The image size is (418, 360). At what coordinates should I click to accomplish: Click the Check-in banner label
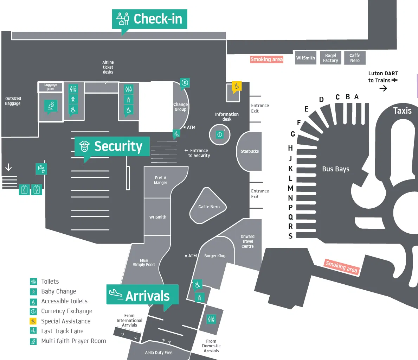[150, 19]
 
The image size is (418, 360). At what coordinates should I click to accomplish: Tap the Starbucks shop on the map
[250, 151]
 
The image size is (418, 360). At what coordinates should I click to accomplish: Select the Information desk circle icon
[220, 134]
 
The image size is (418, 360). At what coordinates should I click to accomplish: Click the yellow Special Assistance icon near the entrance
[237, 86]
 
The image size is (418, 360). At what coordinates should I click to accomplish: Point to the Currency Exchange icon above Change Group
[185, 83]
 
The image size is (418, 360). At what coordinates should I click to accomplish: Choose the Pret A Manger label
[160, 180]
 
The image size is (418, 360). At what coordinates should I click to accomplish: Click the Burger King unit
[214, 256]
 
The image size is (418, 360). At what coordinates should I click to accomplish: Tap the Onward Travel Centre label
[247, 241]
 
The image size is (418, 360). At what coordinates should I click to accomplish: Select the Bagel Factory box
[330, 58]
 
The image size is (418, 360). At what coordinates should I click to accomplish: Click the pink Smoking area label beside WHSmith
[266, 59]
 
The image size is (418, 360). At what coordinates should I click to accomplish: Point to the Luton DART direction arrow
[383, 88]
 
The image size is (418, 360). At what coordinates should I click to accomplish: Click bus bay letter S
[290, 236]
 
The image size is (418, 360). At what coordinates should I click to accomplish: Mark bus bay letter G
[292, 134]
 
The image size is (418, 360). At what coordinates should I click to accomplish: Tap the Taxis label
[402, 111]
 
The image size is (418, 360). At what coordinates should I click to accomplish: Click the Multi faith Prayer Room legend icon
[33, 341]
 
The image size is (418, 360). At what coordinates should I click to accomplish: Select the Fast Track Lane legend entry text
[62, 331]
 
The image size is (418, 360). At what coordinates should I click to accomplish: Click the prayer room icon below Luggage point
[51, 105]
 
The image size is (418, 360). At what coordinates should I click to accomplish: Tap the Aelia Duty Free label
[159, 353]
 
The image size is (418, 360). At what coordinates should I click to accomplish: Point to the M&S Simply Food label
[143, 263]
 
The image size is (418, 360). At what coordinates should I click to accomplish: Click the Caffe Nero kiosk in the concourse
[209, 207]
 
